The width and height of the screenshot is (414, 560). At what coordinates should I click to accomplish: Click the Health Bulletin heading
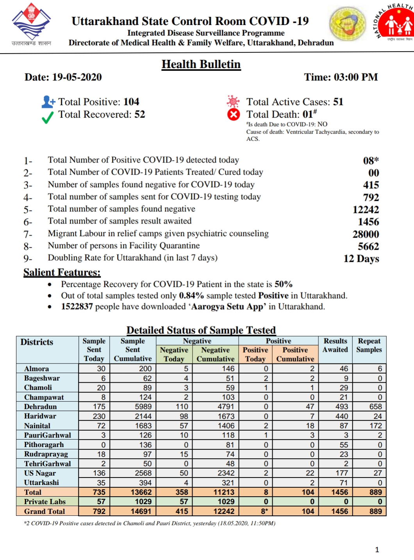201,64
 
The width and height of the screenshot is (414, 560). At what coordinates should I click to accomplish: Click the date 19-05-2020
77,77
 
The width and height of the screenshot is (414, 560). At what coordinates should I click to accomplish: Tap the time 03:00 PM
355,77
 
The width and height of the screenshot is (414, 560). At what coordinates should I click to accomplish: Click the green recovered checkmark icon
47,117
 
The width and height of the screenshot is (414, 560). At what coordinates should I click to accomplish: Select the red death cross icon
234,115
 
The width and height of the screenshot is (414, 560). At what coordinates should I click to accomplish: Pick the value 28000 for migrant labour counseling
366,234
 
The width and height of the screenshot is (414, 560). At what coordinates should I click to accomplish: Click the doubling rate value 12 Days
361,259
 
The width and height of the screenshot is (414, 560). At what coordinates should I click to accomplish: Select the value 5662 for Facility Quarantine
368,247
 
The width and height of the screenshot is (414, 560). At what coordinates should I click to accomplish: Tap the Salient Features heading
62,272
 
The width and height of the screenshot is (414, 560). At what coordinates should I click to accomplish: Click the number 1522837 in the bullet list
77,306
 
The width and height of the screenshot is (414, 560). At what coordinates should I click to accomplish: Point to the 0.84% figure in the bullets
191,295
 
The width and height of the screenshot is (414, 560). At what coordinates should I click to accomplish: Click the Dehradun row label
41,406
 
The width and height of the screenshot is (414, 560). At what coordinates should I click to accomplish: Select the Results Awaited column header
335,345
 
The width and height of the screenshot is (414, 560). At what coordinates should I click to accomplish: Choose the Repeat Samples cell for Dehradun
369,406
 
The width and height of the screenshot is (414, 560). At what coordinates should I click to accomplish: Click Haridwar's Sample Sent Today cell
95,416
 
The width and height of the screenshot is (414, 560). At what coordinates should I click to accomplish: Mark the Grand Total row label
45,511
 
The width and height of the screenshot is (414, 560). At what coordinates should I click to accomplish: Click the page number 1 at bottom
377,549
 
